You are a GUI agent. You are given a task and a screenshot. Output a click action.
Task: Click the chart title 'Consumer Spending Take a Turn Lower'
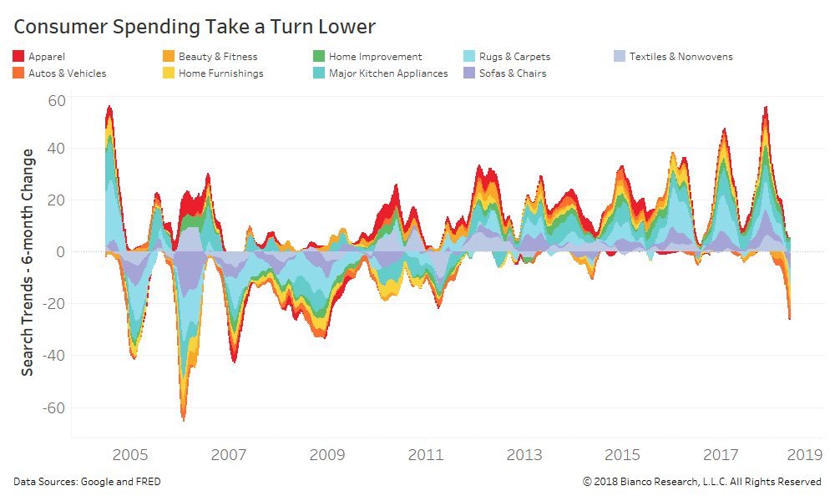(x=194, y=27)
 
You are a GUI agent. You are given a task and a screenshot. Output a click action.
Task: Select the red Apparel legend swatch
(x=18, y=57)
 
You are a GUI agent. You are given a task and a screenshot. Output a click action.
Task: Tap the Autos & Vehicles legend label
(x=67, y=73)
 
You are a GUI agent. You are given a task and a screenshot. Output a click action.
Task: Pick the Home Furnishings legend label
(x=220, y=73)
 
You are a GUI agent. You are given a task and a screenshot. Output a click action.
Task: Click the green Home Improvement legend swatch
(x=318, y=57)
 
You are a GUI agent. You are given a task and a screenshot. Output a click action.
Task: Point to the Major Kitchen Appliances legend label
(x=387, y=73)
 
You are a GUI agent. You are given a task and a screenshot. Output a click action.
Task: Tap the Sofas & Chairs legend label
(x=513, y=73)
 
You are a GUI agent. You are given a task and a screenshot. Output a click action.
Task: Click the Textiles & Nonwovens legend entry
(x=681, y=57)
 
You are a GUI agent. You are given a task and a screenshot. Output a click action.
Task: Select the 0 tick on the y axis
(x=59, y=251)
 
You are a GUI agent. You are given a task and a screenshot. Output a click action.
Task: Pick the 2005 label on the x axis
(x=130, y=455)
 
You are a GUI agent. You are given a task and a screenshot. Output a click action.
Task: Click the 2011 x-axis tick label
(x=426, y=455)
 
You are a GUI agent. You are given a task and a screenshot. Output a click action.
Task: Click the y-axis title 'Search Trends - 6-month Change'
(x=28, y=261)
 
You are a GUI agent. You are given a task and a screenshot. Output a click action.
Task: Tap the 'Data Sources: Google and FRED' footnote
(x=87, y=482)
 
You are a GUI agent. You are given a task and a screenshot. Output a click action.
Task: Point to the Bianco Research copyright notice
(x=701, y=482)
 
